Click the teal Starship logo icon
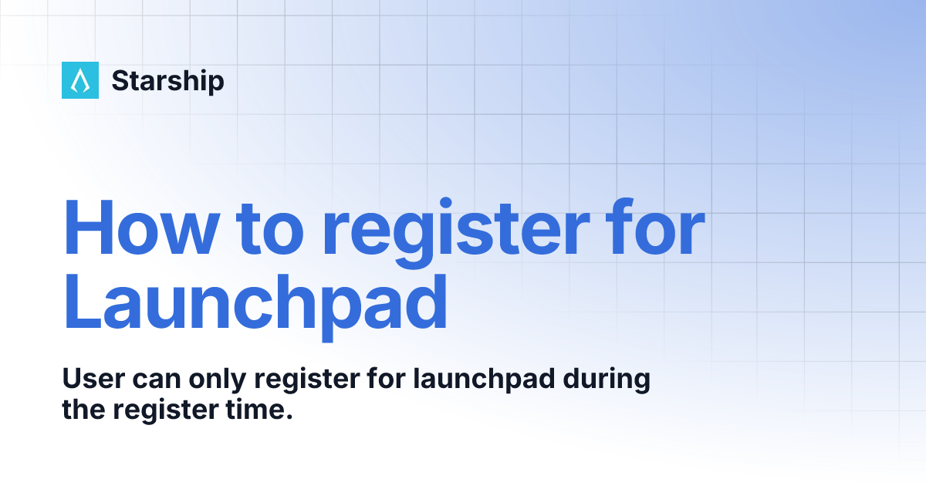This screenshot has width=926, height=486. tap(80, 80)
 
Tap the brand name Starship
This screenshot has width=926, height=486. tap(167, 81)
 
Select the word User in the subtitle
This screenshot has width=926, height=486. tap(91, 380)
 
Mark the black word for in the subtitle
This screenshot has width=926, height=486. tap(390, 380)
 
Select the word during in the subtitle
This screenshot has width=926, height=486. tap(609, 381)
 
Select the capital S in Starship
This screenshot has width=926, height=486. tap(120, 81)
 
